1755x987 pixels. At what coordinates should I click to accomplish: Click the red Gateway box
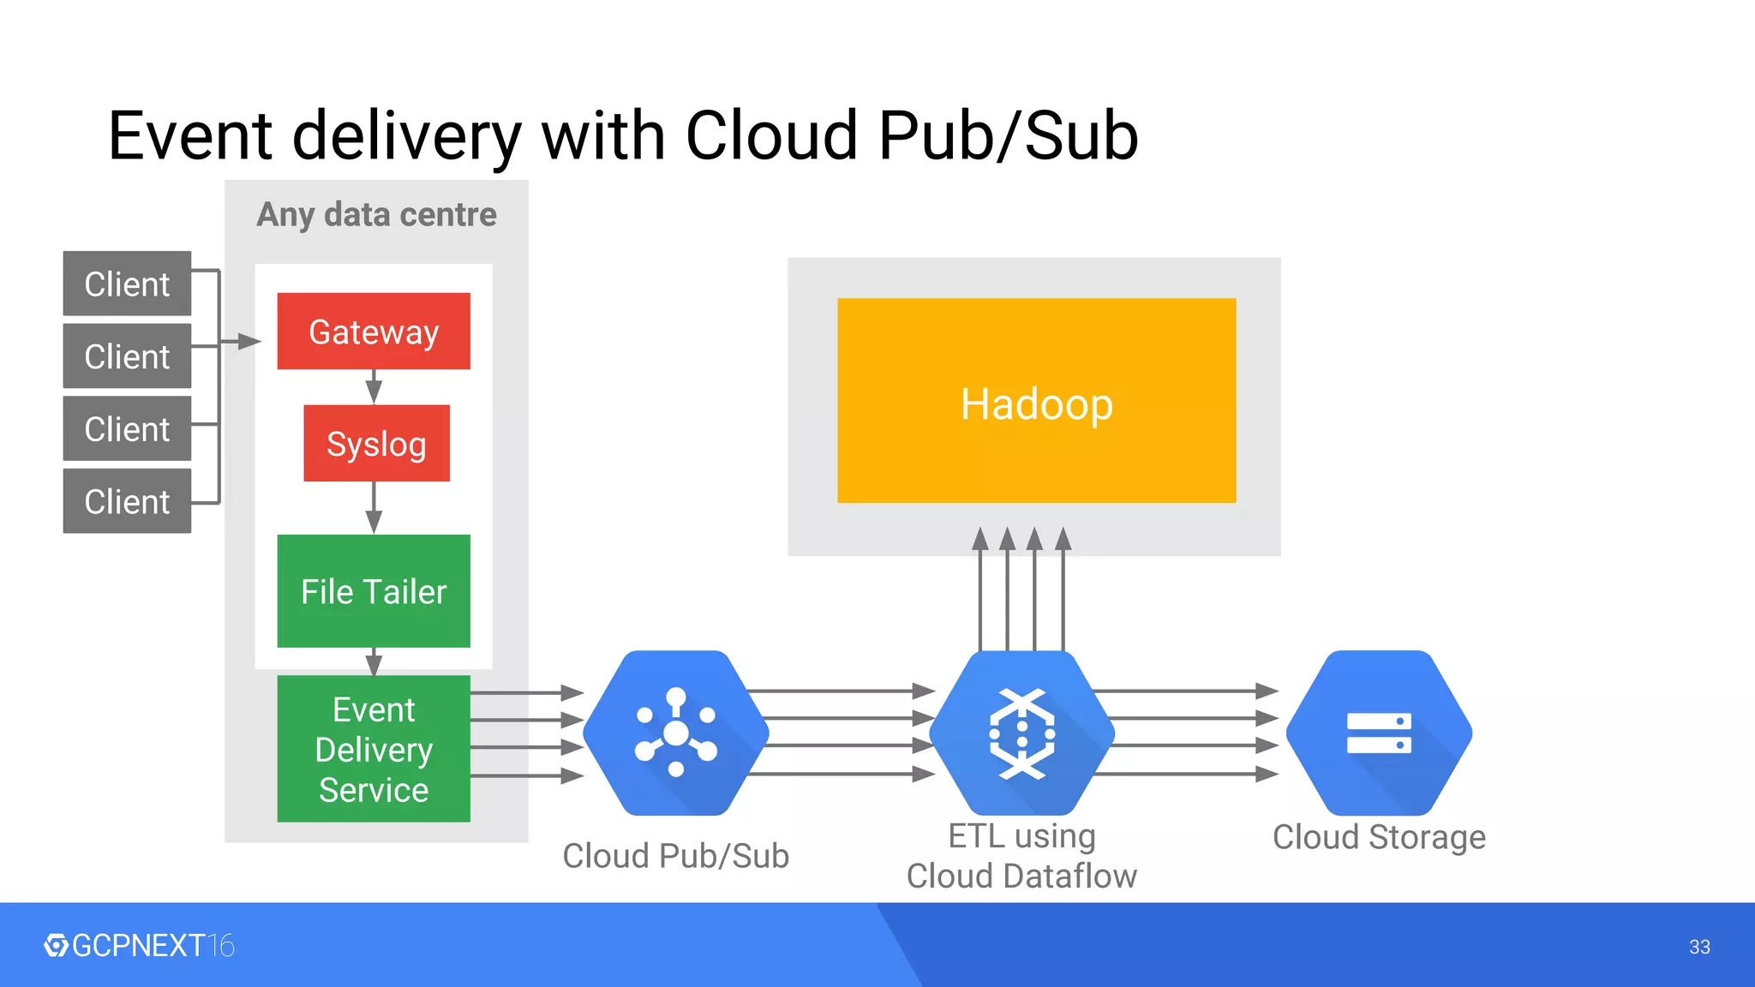pos(374,332)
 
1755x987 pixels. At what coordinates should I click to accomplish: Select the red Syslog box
pos(376,443)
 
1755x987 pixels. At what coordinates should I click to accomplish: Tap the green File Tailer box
pos(374,591)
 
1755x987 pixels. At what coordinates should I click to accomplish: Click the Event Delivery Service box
pos(374,749)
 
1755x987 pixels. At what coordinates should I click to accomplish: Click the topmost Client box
pos(127,284)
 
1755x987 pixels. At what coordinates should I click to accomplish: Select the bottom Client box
pos(127,501)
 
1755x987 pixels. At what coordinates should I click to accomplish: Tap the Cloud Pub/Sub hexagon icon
pos(675,733)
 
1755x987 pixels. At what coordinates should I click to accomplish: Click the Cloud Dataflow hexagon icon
pos(1021,733)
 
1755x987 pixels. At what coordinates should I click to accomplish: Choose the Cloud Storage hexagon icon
pos(1379,733)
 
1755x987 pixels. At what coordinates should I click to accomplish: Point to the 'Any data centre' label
pos(376,214)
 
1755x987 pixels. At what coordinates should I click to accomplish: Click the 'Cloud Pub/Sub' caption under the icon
pos(675,856)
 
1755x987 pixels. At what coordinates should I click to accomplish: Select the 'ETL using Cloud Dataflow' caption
pos(1021,856)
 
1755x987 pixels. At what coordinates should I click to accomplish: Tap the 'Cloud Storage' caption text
pos(1379,837)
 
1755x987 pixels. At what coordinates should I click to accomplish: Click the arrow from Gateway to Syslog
pos(374,386)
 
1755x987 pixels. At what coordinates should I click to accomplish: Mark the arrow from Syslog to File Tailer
pos(374,507)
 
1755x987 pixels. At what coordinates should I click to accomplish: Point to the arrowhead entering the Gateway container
pos(249,342)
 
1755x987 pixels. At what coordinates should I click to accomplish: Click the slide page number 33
pos(1699,947)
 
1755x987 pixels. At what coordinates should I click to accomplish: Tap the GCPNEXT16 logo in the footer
pos(140,946)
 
